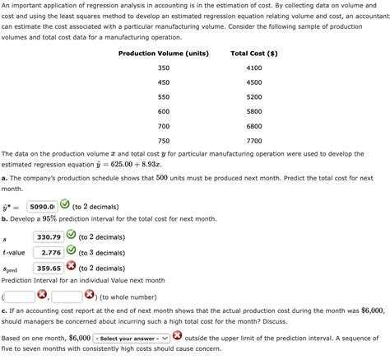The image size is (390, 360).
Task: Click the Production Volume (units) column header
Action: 164,54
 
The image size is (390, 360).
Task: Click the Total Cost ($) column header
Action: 253,54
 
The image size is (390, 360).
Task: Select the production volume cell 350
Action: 164,68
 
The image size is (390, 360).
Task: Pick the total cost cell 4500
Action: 253,82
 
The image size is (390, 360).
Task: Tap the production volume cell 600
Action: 164,111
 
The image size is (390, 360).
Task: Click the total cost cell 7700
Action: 253,140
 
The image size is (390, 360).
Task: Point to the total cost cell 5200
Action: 253,97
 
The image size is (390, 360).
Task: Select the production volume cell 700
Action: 164,126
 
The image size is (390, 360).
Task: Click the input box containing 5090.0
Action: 41,207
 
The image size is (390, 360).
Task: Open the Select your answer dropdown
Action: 130,338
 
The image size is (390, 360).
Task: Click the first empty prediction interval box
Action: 20,296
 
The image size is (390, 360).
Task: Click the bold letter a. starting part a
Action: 5,178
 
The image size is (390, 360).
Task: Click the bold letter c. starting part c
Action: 5,311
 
